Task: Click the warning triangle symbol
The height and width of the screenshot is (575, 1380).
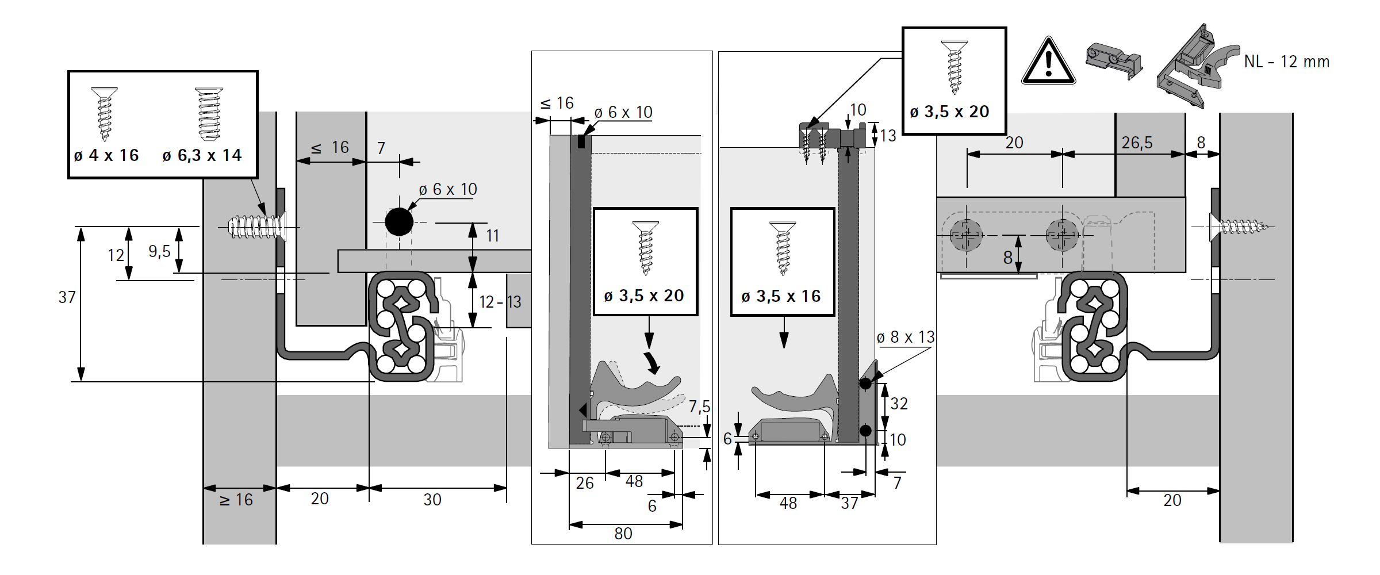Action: coord(1048,63)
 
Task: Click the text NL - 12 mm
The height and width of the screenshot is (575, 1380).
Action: coord(1286,62)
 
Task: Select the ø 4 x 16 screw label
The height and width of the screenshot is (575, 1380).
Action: coord(106,155)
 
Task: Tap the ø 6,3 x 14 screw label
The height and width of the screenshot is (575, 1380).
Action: coord(202,155)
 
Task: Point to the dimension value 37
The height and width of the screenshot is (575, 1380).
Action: coord(67,297)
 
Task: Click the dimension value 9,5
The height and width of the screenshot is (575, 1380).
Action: coord(159,251)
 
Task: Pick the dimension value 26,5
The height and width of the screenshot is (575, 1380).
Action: coord(1137,143)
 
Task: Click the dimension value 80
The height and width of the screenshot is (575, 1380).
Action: coord(623,534)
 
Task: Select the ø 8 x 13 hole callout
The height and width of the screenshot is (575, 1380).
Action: coord(905,338)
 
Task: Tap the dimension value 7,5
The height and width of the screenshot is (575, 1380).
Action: coord(699,407)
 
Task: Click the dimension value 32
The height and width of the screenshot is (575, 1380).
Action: coord(899,404)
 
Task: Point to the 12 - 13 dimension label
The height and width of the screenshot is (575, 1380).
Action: coord(500,302)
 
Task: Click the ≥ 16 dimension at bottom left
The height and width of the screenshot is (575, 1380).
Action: coord(236,500)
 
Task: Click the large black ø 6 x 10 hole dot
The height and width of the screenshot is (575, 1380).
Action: coord(399,222)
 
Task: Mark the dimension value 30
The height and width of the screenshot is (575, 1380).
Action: coord(432,500)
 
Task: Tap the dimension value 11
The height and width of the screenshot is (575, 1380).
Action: coord(492,236)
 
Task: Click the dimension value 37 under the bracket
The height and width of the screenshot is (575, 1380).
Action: coord(849,503)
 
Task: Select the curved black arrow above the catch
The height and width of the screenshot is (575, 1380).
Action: coord(652,362)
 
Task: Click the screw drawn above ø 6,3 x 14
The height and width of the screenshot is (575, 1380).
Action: coord(208,114)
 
